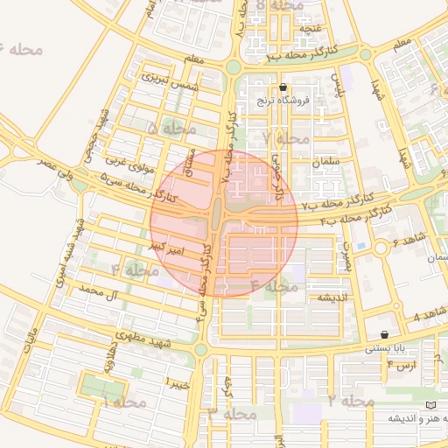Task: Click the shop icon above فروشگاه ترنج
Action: click(x=283, y=87)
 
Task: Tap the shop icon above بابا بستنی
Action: click(x=385, y=334)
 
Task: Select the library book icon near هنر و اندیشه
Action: click(x=429, y=405)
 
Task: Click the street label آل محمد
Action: click(x=97, y=290)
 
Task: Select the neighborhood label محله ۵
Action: click(x=173, y=129)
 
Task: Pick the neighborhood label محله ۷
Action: click(x=286, y=138)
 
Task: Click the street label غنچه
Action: click(x=311, y=29)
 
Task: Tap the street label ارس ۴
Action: click(x=405, y=365)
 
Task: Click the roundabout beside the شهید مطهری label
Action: click(x=201, y=349)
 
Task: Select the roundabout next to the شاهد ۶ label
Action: click(x=381, y=248)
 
